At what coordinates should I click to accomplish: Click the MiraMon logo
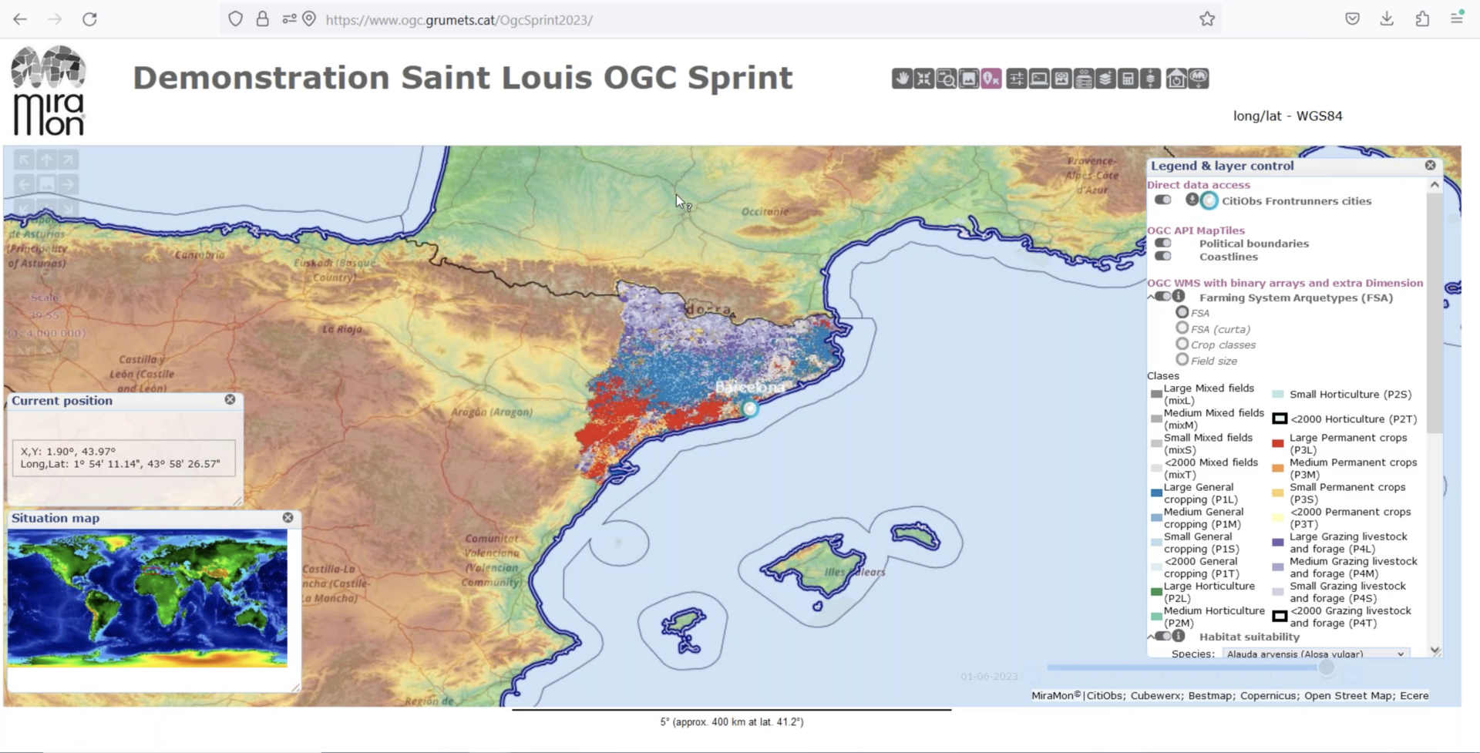[x=49, y=91]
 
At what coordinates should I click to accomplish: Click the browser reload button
[x=89, y=19]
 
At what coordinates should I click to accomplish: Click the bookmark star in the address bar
[x=1206, y=19]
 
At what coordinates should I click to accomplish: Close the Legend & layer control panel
[x=1430, y=165]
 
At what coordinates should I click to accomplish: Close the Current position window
[x=230, y=399]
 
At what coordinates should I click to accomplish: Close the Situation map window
[x=288, y=518]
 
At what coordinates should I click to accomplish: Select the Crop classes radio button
[x=1182, y=344]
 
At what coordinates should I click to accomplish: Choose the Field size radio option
[x=1182, y=359]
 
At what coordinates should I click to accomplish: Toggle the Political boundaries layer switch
[x=1162, y=243]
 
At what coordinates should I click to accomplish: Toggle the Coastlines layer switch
[x=1162, y=256]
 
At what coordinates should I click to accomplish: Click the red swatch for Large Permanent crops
[x=1277, y=443]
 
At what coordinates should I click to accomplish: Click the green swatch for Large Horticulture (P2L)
[x=1155, y=592]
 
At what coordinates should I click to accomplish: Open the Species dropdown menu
[x=1315, y=654]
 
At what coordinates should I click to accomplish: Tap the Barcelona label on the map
[x=748, y=387]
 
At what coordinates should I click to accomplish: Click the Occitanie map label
[x=765, y=211]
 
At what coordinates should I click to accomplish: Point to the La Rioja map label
[x=341, y=329]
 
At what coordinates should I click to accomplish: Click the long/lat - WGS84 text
[x=1287, y=116]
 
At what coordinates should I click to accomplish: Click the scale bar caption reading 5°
[x=731, y=722]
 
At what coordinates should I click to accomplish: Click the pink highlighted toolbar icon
[x=991, y=79]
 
